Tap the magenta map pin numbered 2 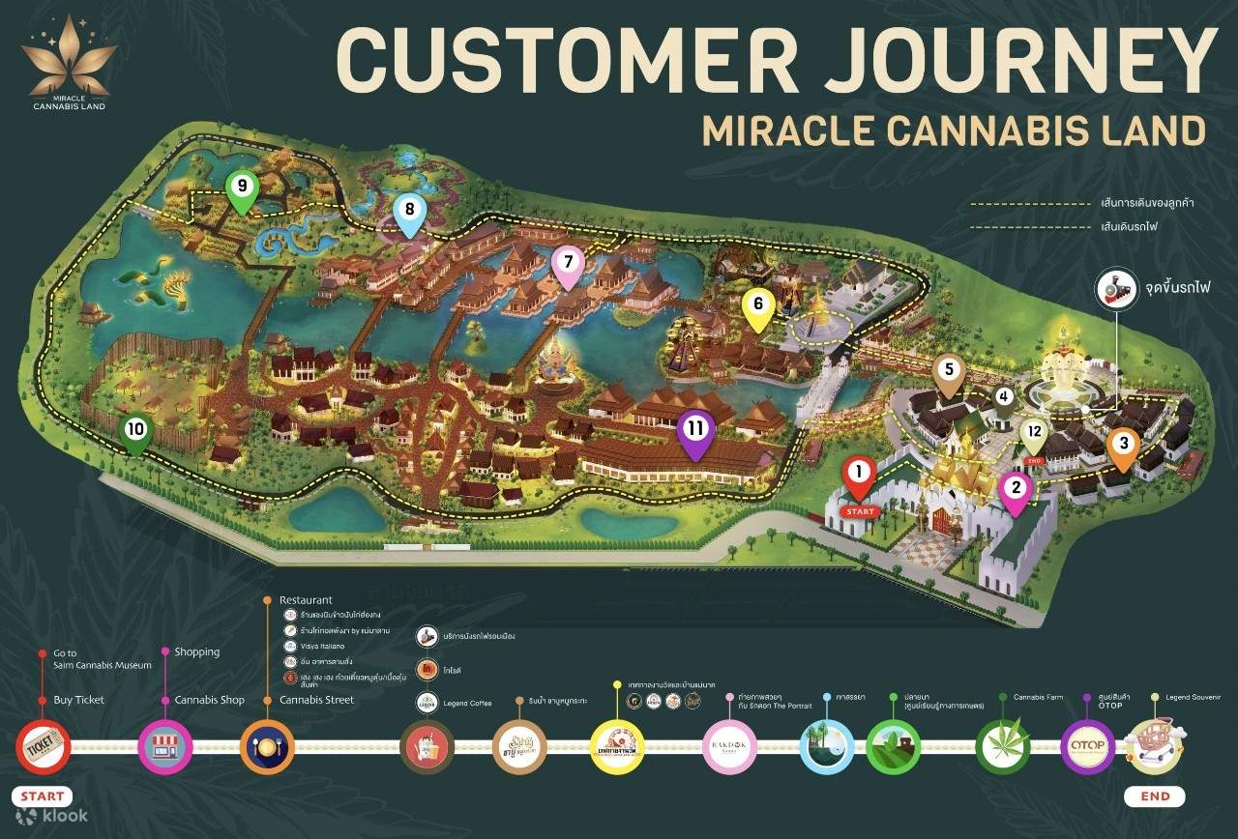(x=1015, y=487)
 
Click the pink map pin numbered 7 (x=568, y=263)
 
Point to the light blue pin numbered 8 (x=409, y=210)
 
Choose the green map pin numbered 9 (x=241, y=187)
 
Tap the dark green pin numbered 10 (x=135, y=429)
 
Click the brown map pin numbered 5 (x=949, y=371)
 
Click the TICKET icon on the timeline (x=44, y=746)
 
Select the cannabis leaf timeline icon (x=1003, y=747)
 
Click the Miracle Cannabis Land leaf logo (x=68, y=64)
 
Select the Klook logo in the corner (x=52, y=817)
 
